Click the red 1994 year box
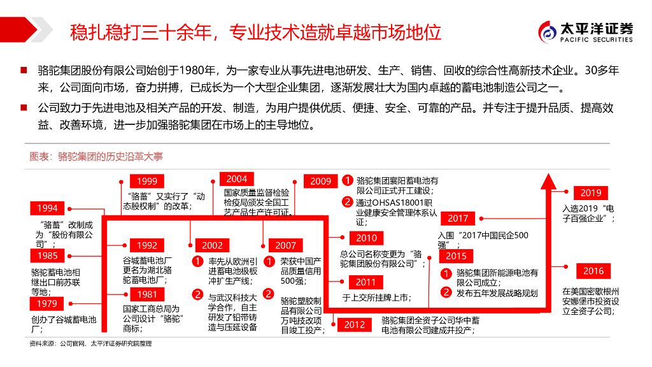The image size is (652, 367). tap(47, 208)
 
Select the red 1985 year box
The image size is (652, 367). tap(47, 255)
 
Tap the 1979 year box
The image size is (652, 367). tap(47, 304)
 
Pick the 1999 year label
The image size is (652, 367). tap(146, 182)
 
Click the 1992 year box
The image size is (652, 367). tap(146, 245)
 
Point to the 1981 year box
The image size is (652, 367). tap(146, 294)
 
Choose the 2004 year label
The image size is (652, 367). tap(236, 179)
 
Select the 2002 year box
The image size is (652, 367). tap(213, 245)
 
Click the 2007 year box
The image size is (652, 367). tap(286, 245)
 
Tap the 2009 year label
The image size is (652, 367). tap(321, 182)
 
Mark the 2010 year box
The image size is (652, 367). tap(366, 238)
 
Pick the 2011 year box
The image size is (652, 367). tap(366, 282)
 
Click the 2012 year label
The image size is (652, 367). tap(355, 325)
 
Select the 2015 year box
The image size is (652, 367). tap(456, 256)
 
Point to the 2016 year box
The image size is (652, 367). tap(593, 271)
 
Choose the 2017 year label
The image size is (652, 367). tap(458, 219)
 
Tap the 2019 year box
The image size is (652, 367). tap(591, 193)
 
